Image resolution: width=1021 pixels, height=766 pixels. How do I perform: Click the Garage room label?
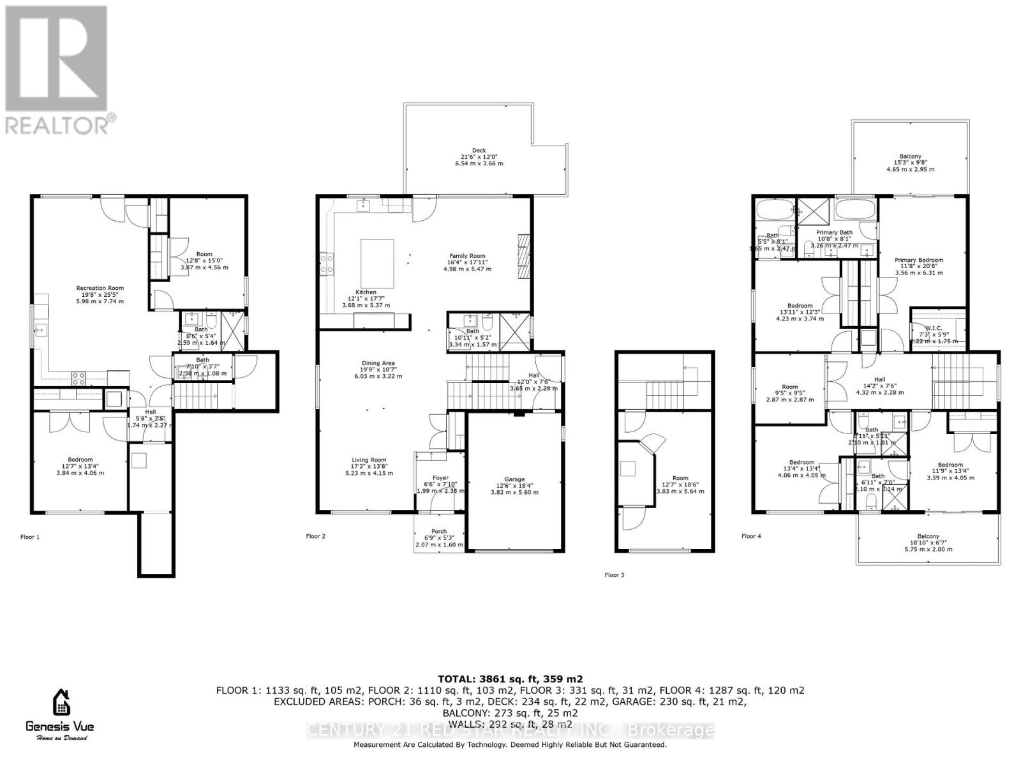pyautogui.click(x=514, y=479)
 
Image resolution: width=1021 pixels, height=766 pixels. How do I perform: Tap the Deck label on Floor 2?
pyautogui.click(x=479, y=151)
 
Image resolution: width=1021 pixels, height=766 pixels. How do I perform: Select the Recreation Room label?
pyautogui.click(x=100, y=289)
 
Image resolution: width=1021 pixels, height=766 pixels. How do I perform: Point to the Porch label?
pyautogui.click(x=439, y=531)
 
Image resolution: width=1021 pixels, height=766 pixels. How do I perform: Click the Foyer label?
pyautogui.click(x=440, y=478)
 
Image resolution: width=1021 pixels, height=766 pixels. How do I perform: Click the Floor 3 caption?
pyautogui.click(x=615, y=575)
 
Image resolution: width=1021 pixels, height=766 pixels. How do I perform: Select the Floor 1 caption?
pyautogui.click(x=29, y=537)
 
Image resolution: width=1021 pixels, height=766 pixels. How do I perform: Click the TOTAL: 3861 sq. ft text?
pyautogui.click(x=510, y=679)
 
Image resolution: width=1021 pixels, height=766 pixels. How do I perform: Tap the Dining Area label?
pyautogui.click(x=379, y=364)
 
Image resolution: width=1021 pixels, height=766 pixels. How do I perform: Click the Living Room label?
pyautogui.click(x=369, y=460)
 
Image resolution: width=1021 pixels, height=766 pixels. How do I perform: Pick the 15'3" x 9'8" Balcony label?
pyautogui.click(x=910, y=157)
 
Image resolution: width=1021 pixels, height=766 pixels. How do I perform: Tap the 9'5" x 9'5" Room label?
pyautogui.click(x=789, y=387)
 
